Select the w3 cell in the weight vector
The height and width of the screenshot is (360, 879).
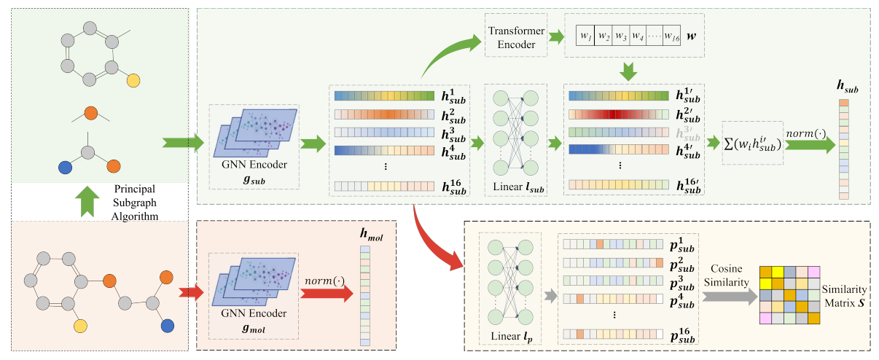[x=621, y=36]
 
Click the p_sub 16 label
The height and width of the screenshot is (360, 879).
[x=686, y=336]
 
